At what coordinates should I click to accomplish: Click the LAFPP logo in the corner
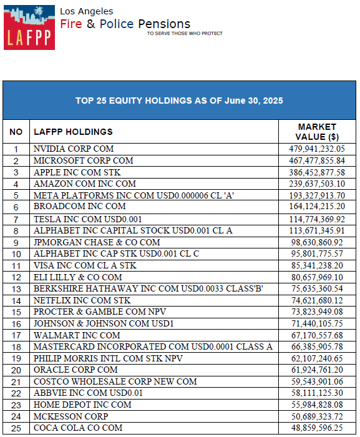click(x=29, y=27)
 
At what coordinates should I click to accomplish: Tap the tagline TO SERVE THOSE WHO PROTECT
click(x=185, y=34)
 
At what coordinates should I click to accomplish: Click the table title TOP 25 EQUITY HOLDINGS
click(x=179, y=101)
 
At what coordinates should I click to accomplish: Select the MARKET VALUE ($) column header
click(x=317, y=132)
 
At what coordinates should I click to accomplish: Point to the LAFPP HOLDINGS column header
click(x=73, y=132)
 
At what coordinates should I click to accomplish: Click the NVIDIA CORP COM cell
click(x=74, y=149)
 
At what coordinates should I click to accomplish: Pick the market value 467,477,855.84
click(x=317, y=160)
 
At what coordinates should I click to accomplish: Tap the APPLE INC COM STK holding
click(x=77, y=172)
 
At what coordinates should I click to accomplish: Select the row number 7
click(x=16, y=220)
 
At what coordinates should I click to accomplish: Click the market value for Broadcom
click(x=317, y=206)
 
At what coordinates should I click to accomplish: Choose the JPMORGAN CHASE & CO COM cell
click(x=97, y=242)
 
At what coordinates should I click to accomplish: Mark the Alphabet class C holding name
click(x=117, y=253)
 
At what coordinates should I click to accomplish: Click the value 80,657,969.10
click(x=317, y=277)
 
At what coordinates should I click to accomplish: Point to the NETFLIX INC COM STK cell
click(x=82, y=300)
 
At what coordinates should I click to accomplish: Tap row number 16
click(x=16, y=324)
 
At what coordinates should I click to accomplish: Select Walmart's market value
click(x=317, y=335)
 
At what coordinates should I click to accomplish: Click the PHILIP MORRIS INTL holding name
click(x=108, y=358)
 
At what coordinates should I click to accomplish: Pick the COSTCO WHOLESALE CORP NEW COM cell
click(x=115, y=381)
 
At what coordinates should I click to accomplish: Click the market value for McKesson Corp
click(x=317, y=416)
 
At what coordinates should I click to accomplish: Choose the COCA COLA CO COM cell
click(x=78, y=428)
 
